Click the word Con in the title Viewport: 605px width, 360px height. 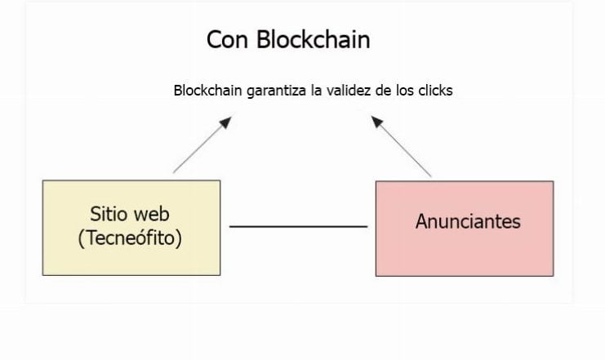pos(227,40)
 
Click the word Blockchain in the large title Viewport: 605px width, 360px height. pos(314,39)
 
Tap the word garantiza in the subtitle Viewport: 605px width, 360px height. pos(276,91)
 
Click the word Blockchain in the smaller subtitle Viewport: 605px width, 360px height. pos(207,91)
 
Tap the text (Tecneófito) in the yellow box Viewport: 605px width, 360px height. pos(130,238)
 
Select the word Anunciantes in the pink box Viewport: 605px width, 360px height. pos(468,221)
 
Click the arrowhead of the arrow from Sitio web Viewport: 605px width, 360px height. pos(225,122)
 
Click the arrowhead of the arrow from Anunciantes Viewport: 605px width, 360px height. pos(376,122)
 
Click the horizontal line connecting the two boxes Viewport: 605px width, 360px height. pos(298,226)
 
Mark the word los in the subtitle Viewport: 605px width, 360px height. pos(405,91)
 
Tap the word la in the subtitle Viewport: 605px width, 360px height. pos(316,91)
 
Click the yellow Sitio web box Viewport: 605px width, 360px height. pos(131,228)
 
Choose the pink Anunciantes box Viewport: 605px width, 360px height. pos(465,229)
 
